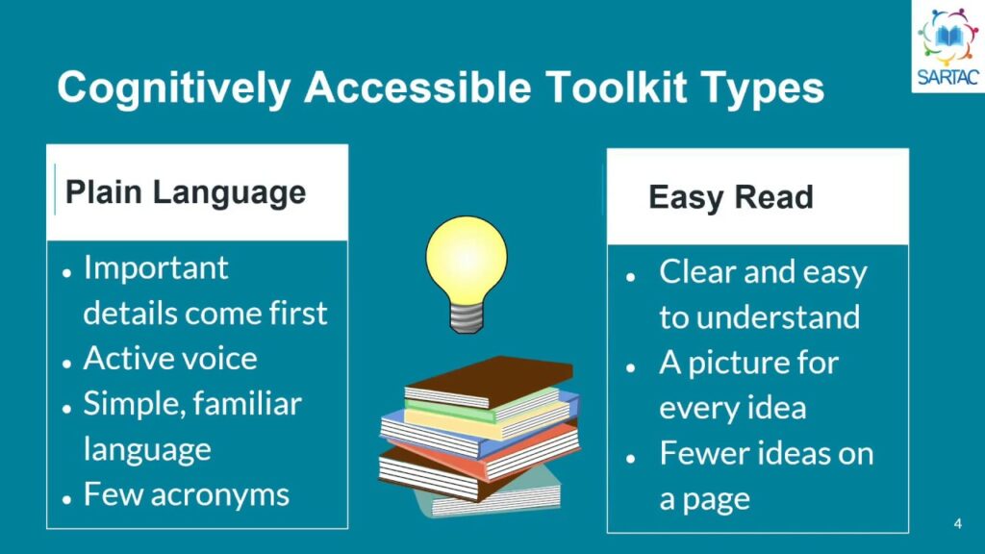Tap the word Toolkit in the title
coord(616,87)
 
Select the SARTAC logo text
coord(947,77)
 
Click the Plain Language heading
coord(186,192)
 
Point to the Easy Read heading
coord(731,197)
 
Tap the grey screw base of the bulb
coord(467,317)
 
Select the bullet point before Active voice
coord(67,363)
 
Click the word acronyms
coord(220,495)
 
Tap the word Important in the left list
coord(156,268)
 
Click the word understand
coord(778,317)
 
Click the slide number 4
coord(957,523)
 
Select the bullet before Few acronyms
coord(67,499)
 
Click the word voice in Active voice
coord(214,359)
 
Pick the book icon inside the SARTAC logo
coord(947,37)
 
